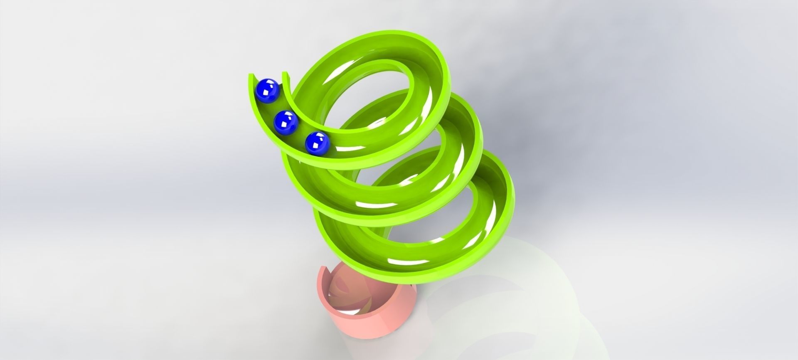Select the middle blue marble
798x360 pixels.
(286, 123)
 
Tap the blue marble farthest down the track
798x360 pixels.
(317, 143)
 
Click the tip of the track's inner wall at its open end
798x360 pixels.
(285, 74)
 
